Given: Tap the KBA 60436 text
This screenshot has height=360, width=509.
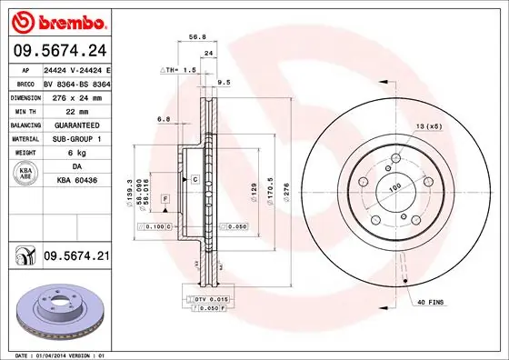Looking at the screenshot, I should (x=76, y=181).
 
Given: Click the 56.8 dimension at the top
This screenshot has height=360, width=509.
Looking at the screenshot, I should (x=194, y=38).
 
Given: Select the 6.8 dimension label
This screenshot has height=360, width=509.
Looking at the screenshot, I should (x=164, y=119).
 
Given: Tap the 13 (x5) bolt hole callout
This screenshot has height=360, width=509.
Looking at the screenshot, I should (x=428, y=125).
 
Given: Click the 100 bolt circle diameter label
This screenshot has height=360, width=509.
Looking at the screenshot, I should (x=395, y=187).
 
